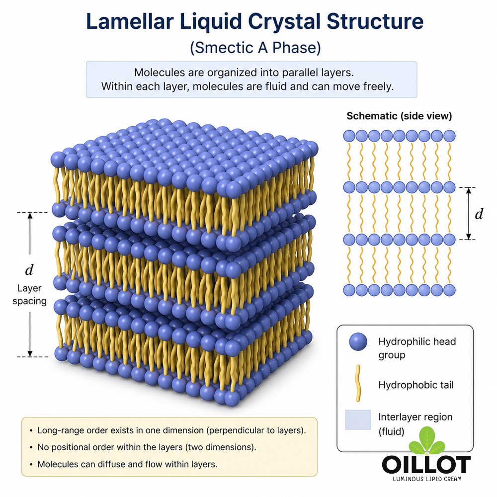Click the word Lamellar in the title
130,21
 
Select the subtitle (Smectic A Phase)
255,48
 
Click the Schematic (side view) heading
399,116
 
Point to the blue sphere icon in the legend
358,342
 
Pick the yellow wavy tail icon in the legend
358,383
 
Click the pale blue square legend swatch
358,419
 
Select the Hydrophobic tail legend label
416,385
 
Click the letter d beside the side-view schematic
479,214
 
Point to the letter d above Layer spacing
29,270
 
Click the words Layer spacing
29,294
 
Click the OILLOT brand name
426,465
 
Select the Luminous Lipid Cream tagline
427,479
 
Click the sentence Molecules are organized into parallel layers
244,73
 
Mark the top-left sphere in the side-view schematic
349,136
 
